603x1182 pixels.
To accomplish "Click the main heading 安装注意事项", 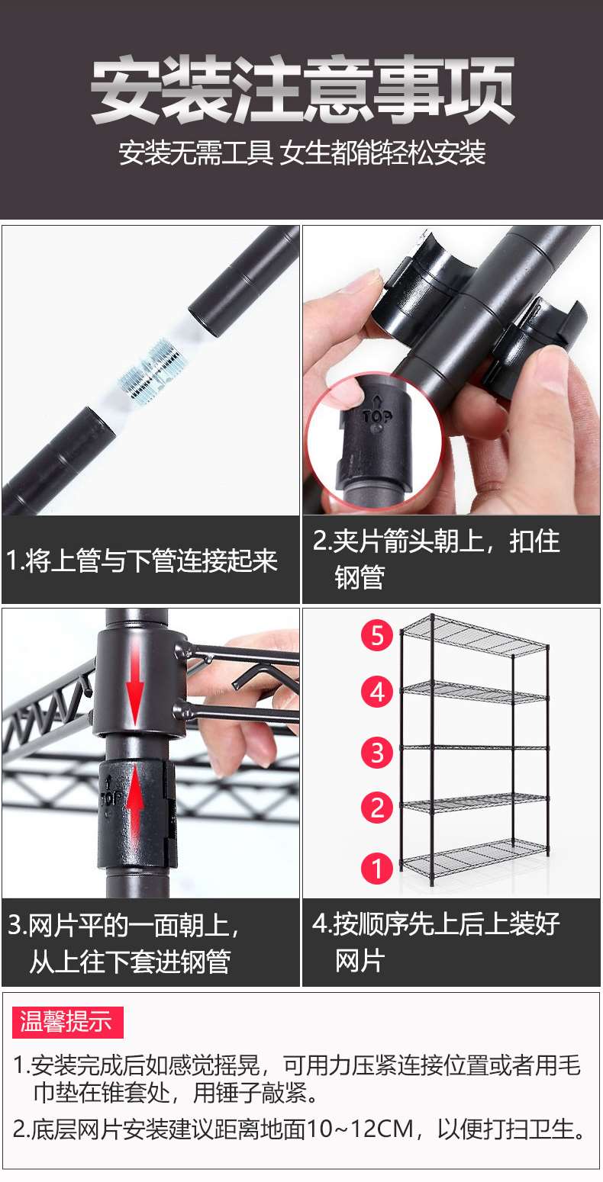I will [x=302, y=90].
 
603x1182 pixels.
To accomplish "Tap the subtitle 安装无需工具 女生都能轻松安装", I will [x=302, y=153].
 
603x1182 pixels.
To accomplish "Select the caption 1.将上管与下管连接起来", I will [x=143, y=561].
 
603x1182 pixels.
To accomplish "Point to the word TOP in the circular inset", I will [x=376, y=416].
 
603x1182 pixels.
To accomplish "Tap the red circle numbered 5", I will [x=377, y=635].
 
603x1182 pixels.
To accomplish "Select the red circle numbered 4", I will [x=377, y=692].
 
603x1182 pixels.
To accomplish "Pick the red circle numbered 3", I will [x=377, y=752].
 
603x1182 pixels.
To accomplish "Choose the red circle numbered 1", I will [x=377, y=868].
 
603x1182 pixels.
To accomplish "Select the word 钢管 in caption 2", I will [x=359, y=577].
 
